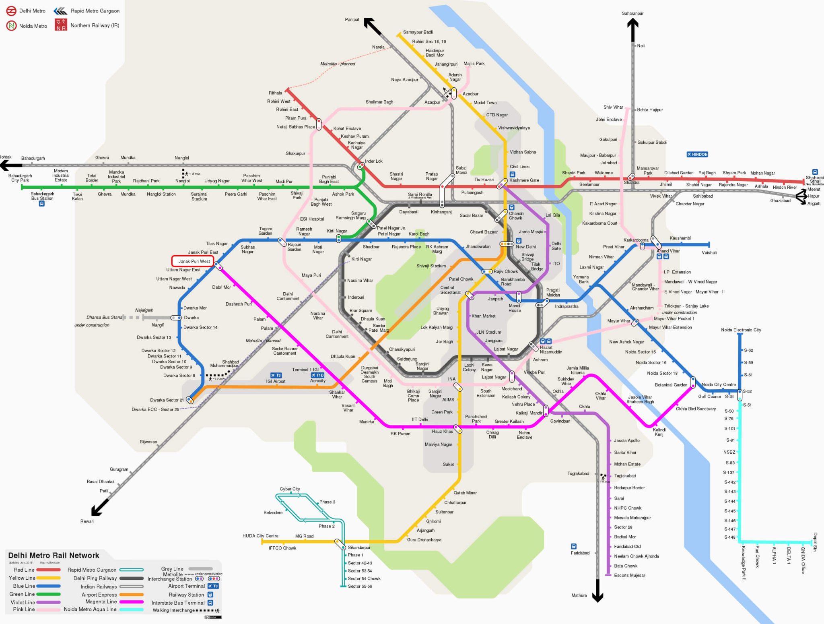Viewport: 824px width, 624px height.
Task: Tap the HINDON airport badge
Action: [x=697, y=155]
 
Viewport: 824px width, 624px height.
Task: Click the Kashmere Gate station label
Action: [x=524, y=180]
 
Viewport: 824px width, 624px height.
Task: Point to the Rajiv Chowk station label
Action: [x=505, y=271]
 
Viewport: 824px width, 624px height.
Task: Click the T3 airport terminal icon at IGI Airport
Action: [x=276, y=375]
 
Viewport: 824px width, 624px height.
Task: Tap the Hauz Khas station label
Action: [x=442, y=432]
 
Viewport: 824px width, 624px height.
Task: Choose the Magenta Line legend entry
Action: [x=101, y=602]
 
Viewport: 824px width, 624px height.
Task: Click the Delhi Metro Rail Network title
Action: [x=54, y=556]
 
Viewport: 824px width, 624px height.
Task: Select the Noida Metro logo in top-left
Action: [x=11, y=26]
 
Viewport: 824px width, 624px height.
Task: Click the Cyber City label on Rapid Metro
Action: [x=290, y=489]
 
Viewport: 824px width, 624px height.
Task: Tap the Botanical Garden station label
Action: [x=671, y=385]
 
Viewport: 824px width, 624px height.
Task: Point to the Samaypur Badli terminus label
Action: [x=418, y=32]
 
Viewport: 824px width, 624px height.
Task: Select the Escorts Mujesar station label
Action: [x=629, y=575]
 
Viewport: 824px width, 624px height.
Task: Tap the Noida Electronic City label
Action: [x=741, y=330]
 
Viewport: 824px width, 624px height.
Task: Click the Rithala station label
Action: [x=276, y=93]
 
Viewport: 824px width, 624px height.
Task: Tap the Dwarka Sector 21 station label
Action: [x=167, y=400]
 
